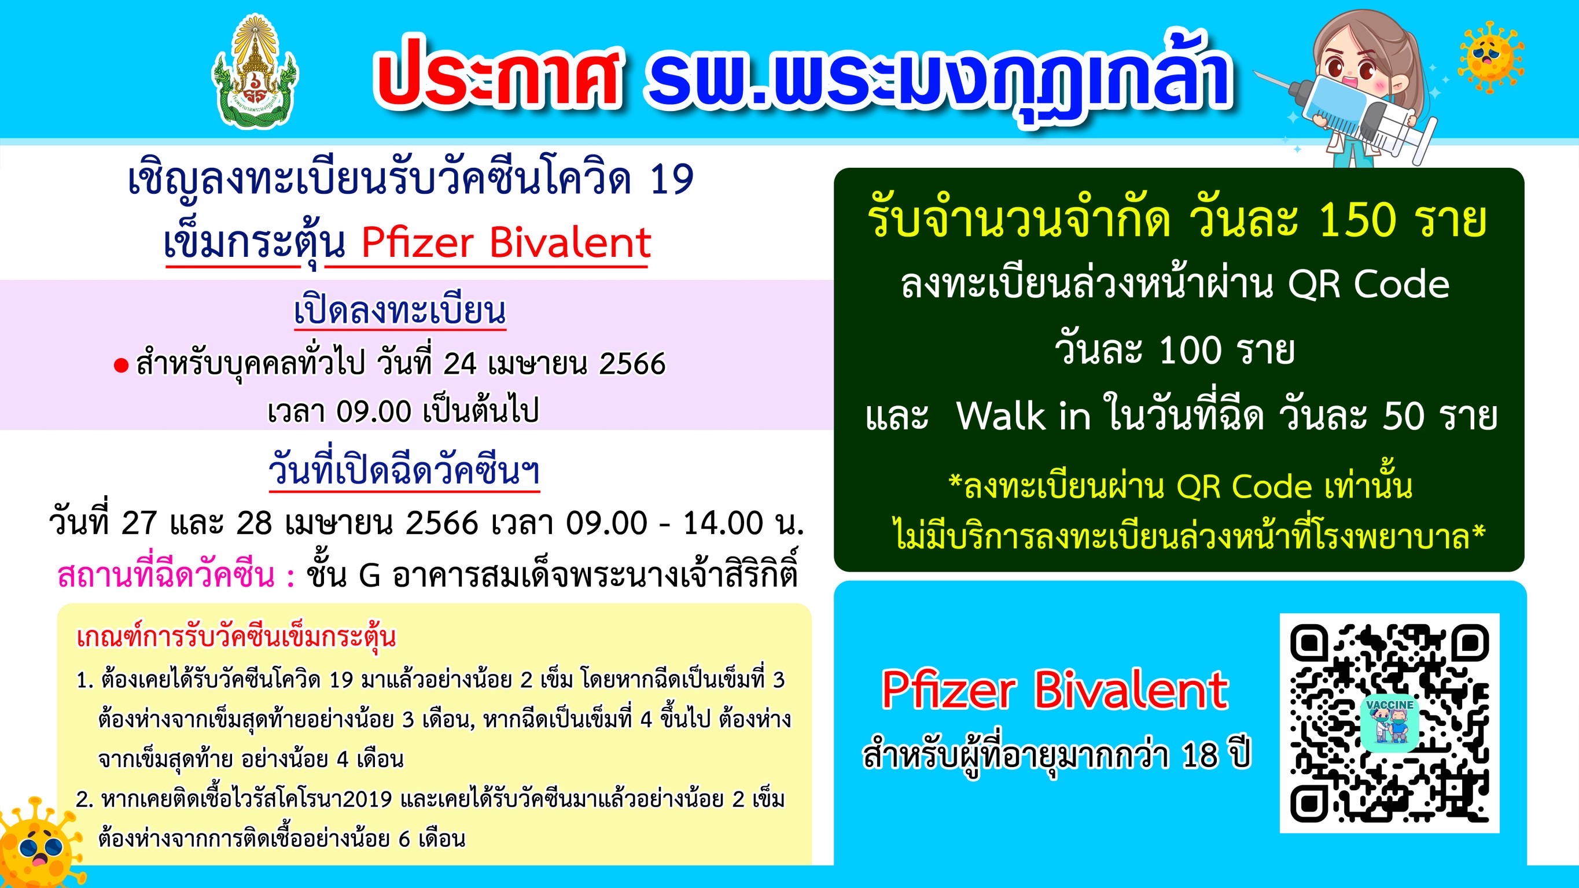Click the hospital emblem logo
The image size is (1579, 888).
[255, 72]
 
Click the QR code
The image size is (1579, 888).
[1390, 723]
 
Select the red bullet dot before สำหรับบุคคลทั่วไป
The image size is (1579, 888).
[121, 366]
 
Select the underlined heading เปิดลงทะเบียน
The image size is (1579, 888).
[400, 311]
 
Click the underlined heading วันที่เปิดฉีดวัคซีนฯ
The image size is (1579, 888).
[404, 471]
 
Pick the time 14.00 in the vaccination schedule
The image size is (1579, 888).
[722, 523]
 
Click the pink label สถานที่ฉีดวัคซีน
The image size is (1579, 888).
[166, 576]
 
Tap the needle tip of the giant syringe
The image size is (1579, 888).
[1255, 73]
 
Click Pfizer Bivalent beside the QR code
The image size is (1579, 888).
[1055, 690]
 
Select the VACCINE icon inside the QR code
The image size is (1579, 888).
[1390, 723]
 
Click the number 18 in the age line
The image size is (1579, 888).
[1199, 756]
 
